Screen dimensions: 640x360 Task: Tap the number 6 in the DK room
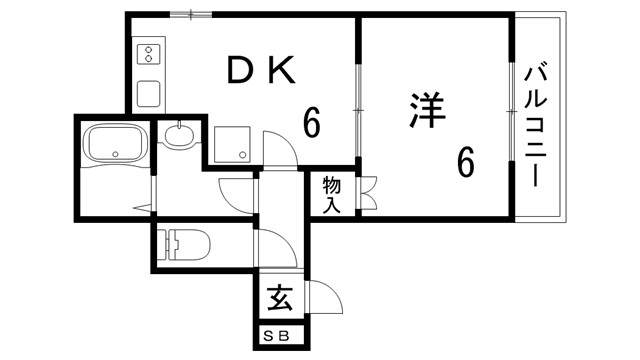pyautogui.click(x=311, y=124)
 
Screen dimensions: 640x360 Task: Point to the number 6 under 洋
pyautogui.click(x=465, y=161)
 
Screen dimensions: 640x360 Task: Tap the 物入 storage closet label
pyautogui.click(x=332, y=195)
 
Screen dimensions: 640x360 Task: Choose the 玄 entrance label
pyautogui.click(x=279, y=298)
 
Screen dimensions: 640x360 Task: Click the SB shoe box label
pyautogui.click(x=277, y=337)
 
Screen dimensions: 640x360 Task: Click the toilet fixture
pyautogui.click(x=185, y=243)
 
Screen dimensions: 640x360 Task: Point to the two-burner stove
pyautogui.click(x=148, y=52)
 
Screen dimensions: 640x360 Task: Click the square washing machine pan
pyautogui.click(x=233, y=143)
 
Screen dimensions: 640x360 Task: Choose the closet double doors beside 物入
pyautogui.click(x=366, y=194)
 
